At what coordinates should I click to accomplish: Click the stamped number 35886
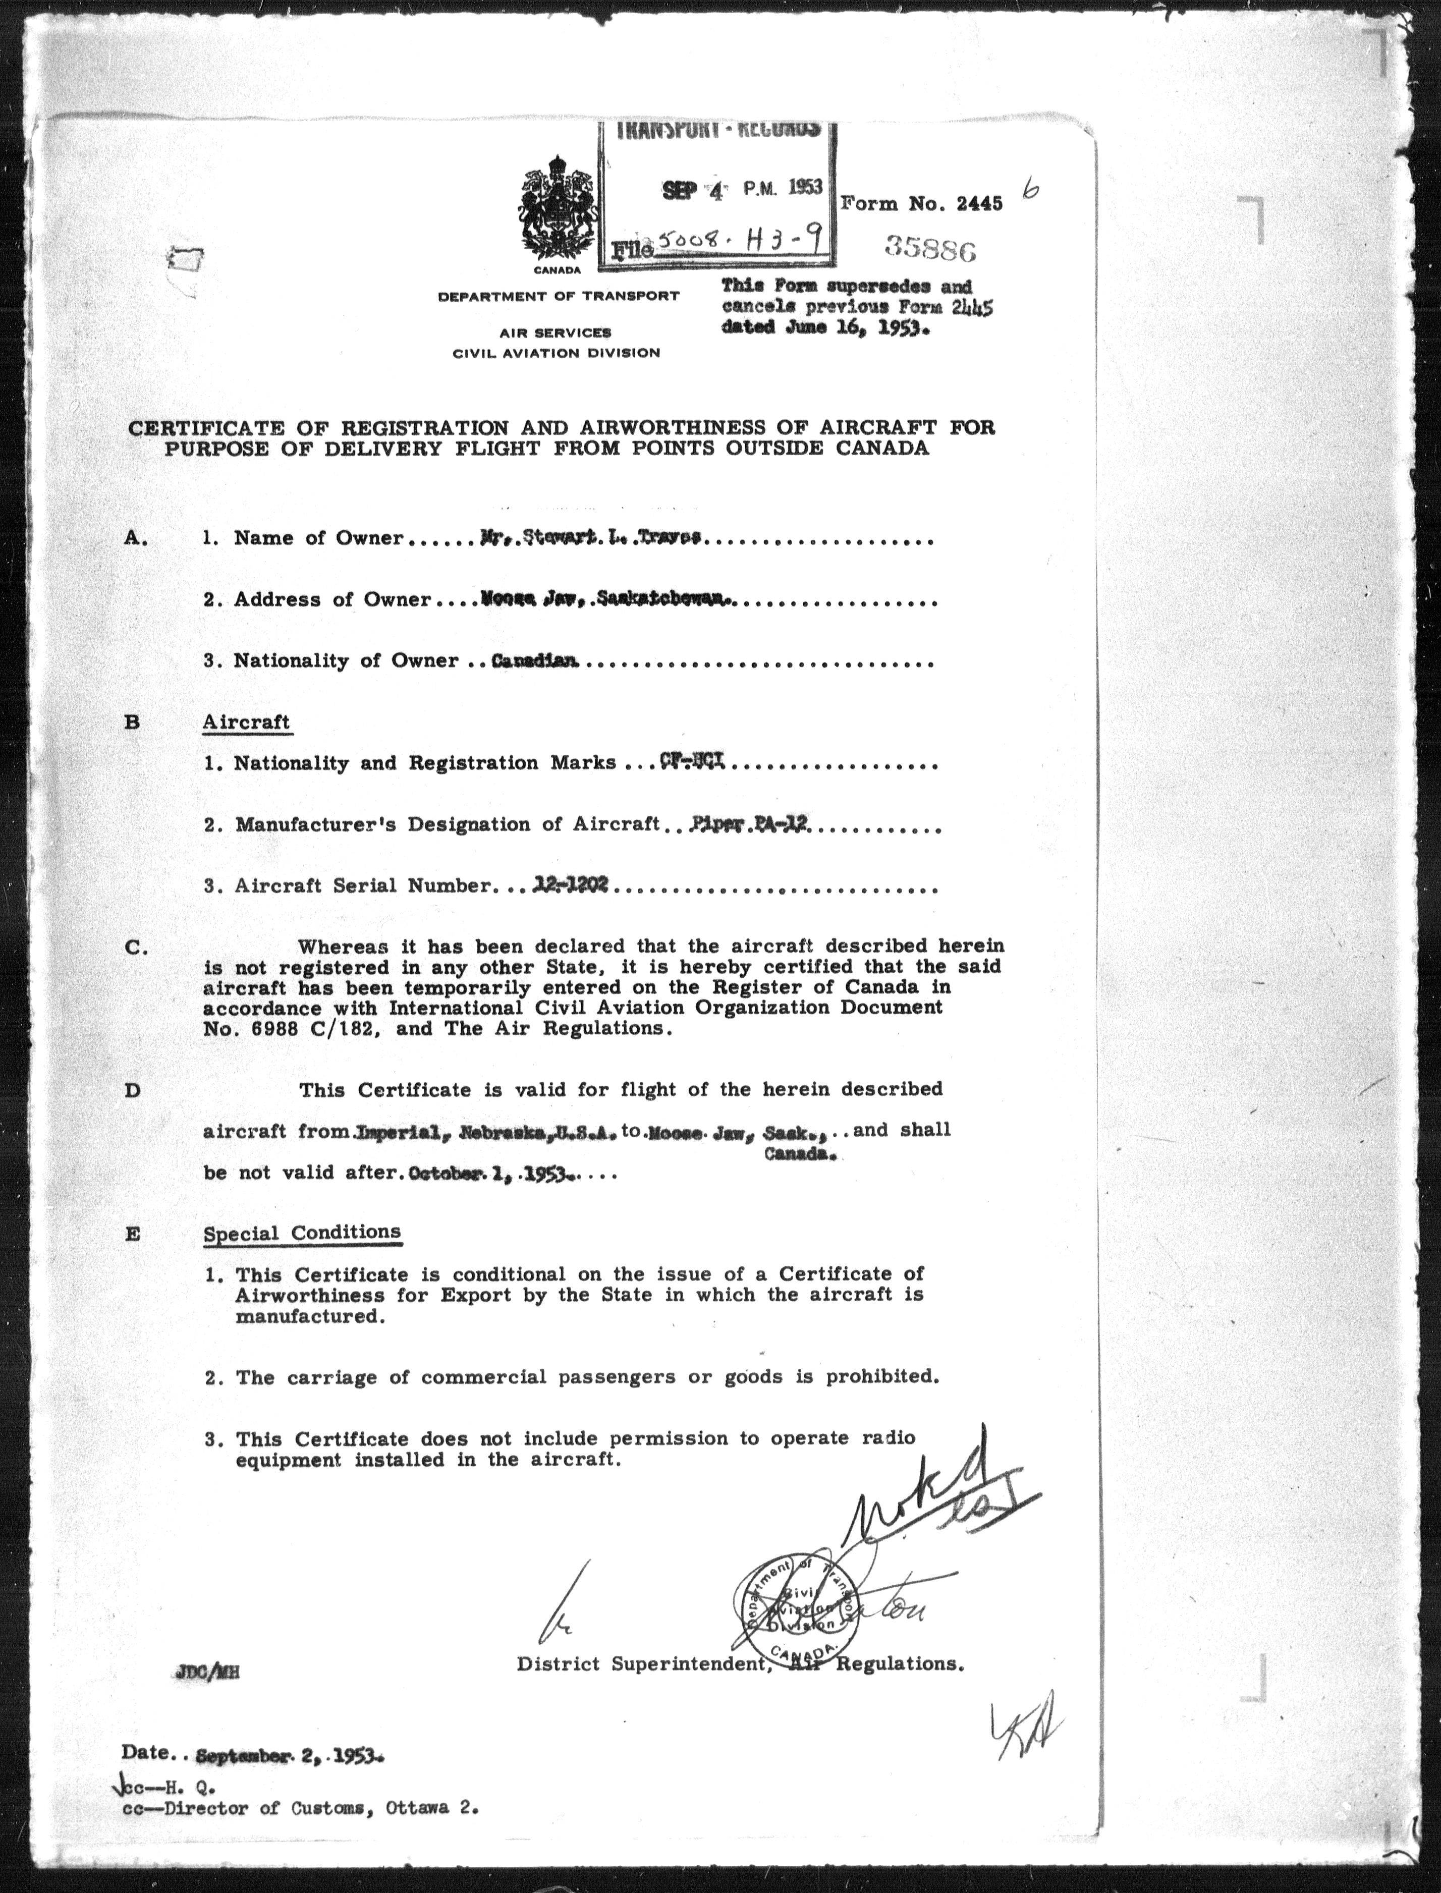click(930, 250)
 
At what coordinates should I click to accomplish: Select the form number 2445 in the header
click(978, 204)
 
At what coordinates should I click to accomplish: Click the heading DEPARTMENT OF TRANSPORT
click(559, 297)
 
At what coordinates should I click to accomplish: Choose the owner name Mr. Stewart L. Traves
click(592, 538)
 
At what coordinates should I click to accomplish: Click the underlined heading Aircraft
click(246, 722)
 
